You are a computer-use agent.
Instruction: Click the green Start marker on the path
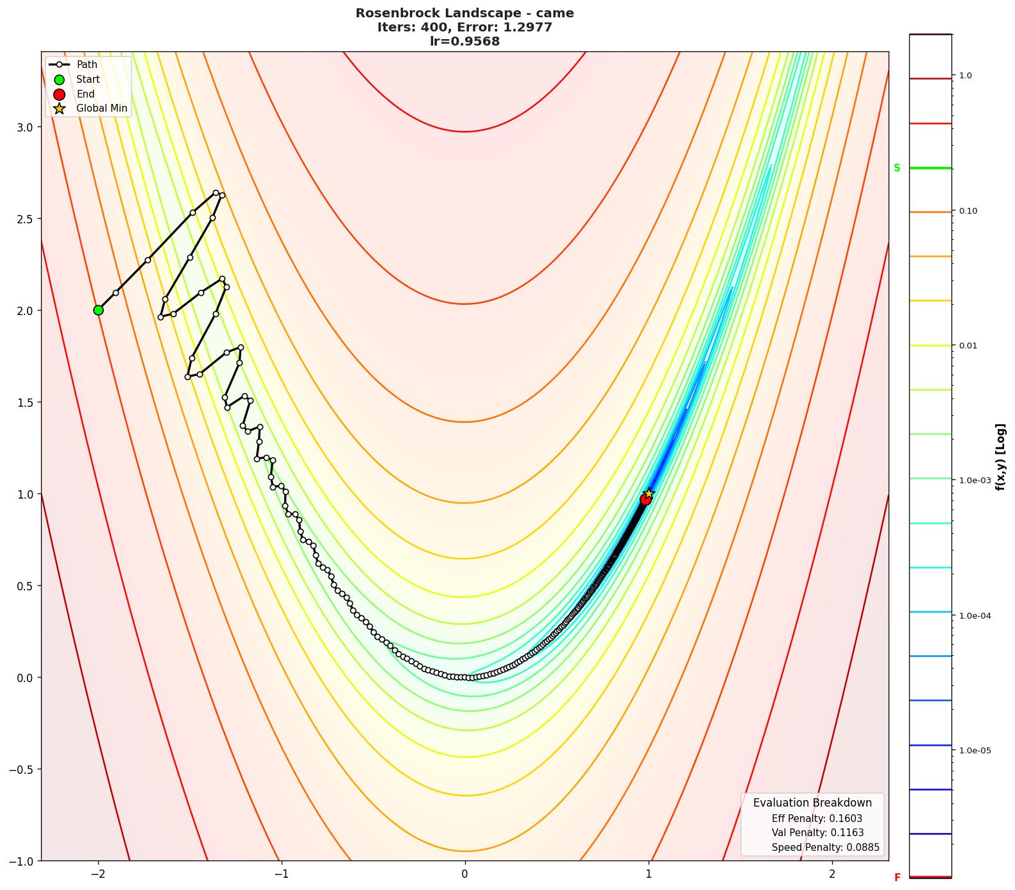98,310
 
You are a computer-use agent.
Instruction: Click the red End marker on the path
645,499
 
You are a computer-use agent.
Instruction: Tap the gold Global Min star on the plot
649,493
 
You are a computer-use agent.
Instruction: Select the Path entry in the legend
87,65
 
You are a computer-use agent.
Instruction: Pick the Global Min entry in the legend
101,108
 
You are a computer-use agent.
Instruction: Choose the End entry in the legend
85,94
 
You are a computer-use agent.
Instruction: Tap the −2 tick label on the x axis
98,874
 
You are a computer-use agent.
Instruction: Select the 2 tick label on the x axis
832,874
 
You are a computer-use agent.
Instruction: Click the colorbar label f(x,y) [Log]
1000,457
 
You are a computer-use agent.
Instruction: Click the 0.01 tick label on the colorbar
968,346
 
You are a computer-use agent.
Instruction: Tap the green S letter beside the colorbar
897,168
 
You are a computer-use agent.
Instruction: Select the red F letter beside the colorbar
897,878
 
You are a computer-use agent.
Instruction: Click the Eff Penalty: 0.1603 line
817,819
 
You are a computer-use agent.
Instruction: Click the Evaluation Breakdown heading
812,803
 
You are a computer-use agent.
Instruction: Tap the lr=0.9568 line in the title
465,41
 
